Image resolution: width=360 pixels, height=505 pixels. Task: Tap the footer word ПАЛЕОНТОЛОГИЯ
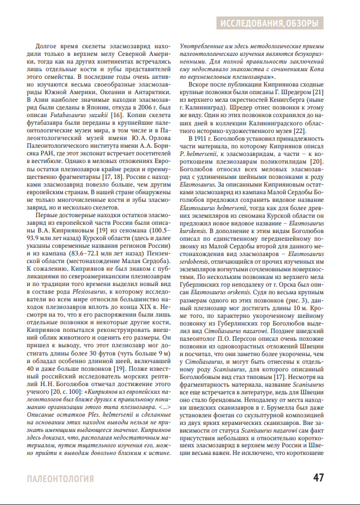coord(61,479)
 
